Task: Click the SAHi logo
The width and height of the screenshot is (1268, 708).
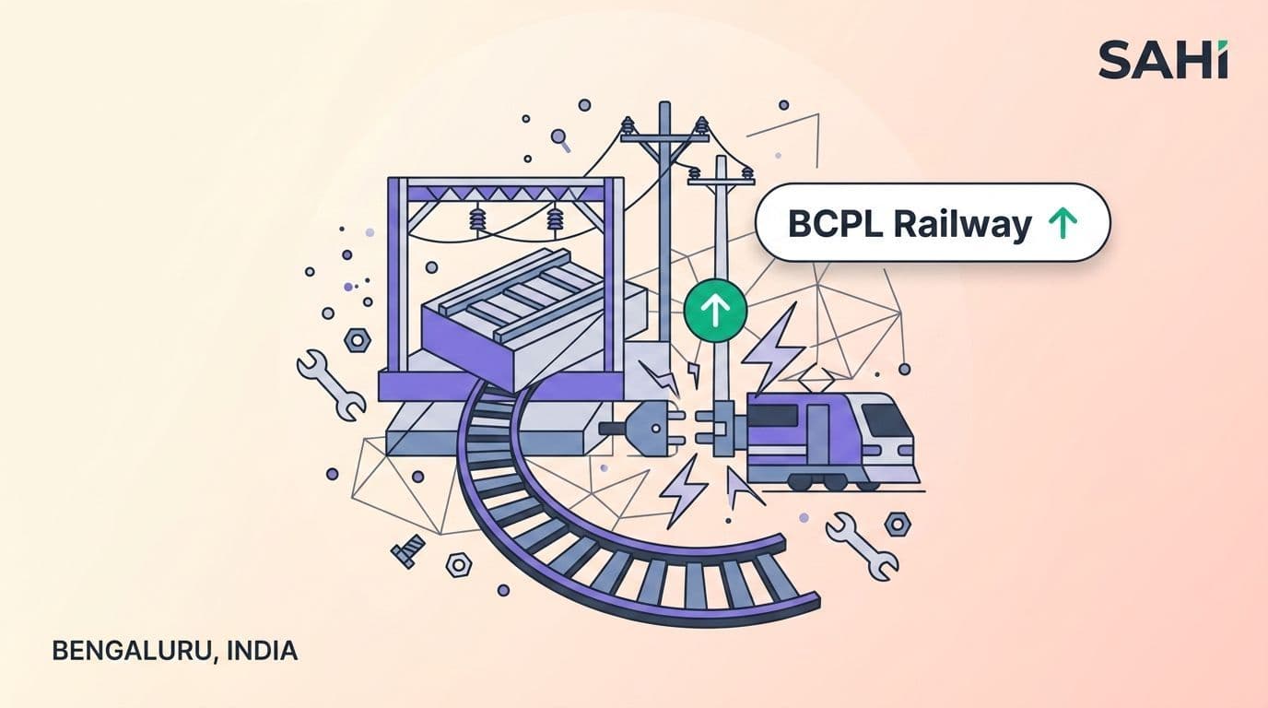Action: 1163,59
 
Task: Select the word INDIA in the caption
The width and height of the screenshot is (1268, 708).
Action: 262,651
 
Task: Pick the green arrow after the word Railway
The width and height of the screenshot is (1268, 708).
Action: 1063,223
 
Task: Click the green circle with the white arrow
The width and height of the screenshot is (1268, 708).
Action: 715,311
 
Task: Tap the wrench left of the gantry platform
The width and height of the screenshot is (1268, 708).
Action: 331,384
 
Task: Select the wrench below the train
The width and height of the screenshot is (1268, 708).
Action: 862,546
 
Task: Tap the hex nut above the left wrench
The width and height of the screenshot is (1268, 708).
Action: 358,340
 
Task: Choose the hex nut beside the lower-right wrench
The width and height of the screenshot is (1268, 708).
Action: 898,525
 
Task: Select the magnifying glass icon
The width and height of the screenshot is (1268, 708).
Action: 561,140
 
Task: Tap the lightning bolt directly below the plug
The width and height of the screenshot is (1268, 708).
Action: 682,490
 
